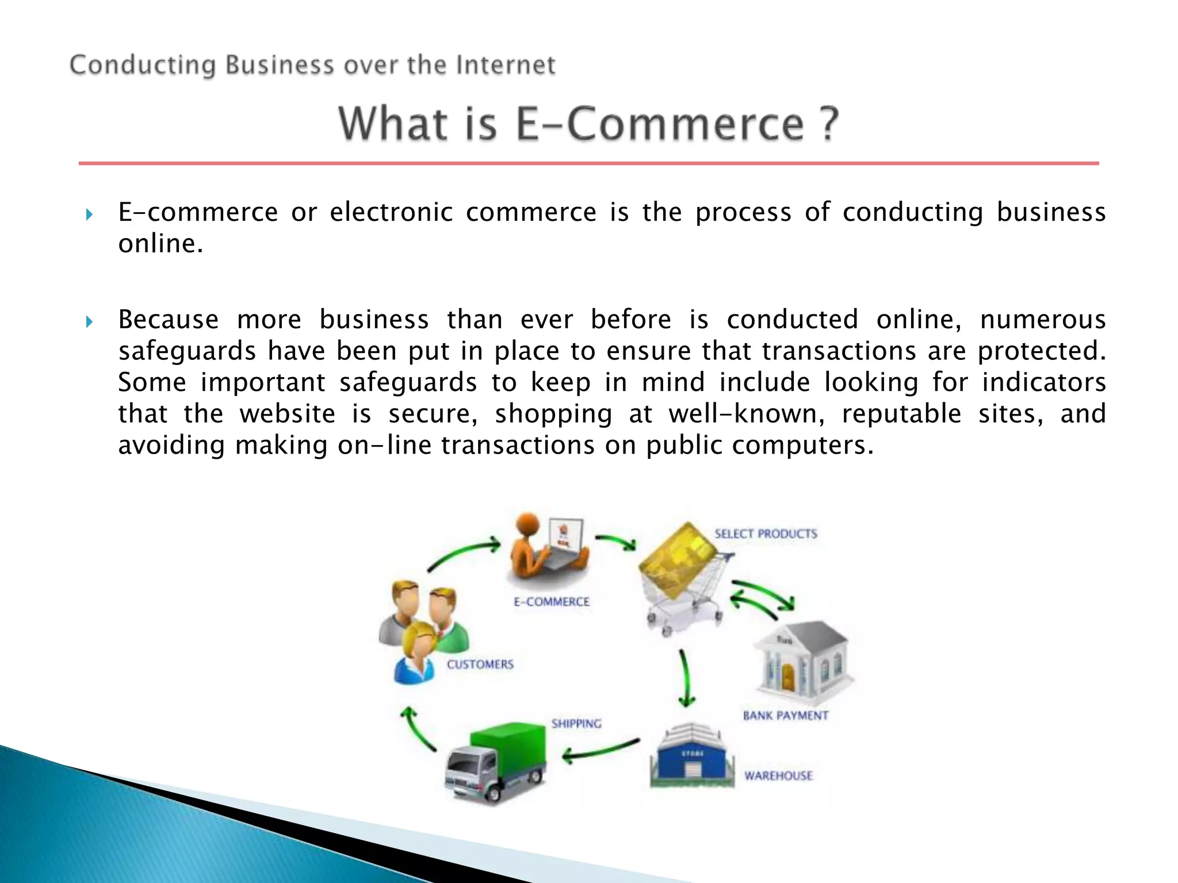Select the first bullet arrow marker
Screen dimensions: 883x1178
coord(89,215)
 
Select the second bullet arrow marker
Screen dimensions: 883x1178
coord(89,322)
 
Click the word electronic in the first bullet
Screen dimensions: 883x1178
coord(391,212)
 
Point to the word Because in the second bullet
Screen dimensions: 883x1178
coord(169,320)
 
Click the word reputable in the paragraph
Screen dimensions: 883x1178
coord(901,414)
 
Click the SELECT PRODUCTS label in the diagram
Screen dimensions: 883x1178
coord(766,534)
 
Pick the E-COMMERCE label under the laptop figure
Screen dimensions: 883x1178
coord(552,602)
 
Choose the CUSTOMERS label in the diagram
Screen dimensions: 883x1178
coord(480,665)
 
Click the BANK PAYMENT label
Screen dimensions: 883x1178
coord(786,716)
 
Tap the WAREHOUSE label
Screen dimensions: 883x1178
coord(778,776)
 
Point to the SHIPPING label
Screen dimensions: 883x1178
coord(576,724)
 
